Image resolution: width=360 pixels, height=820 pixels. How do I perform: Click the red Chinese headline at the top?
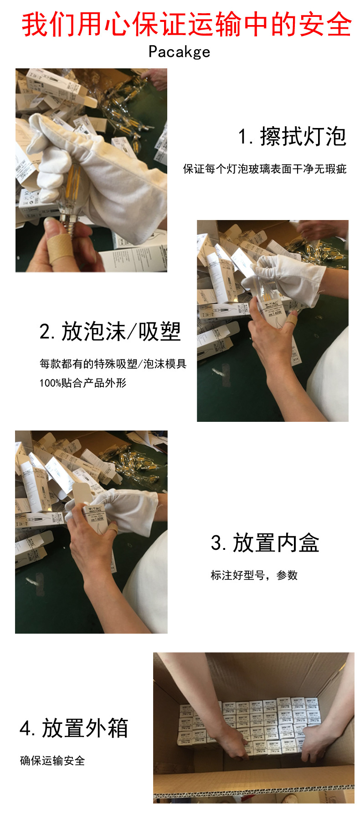[x=187, y=25]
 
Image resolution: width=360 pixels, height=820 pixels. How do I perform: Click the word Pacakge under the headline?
[x=179, y=52]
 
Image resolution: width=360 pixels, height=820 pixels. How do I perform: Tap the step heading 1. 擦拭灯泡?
[x=292, y=137]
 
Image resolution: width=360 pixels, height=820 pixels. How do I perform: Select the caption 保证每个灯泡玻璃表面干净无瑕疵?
[x=265, y=169]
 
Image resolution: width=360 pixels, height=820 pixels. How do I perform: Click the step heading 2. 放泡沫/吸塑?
[x=110, y=332]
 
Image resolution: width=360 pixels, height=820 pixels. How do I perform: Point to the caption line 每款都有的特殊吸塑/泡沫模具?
[x=113, y=364]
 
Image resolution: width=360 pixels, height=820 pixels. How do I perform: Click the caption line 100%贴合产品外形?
[x=82, y=383]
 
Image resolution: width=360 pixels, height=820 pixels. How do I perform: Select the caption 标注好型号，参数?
[x=254, y=575]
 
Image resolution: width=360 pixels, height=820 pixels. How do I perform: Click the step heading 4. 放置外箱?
[x=74, y=728]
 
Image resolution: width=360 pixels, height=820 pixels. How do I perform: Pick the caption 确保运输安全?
[x=52, y=761]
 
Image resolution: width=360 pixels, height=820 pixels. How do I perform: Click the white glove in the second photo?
[x=292, y=278]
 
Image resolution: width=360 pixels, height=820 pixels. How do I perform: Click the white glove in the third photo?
[x=128, y=510]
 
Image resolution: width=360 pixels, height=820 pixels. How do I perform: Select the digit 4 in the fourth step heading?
[x=25, y=728]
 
